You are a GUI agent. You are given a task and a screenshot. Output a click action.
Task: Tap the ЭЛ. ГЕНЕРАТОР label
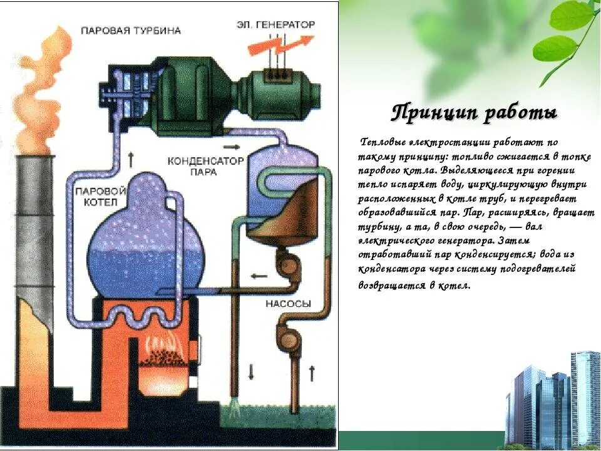[275, 24]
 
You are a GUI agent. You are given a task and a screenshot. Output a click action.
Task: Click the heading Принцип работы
[474, 114]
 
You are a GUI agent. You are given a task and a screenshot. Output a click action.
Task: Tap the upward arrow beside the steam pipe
[130, 159]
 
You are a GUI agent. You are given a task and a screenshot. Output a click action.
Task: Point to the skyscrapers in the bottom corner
[551, 401]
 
